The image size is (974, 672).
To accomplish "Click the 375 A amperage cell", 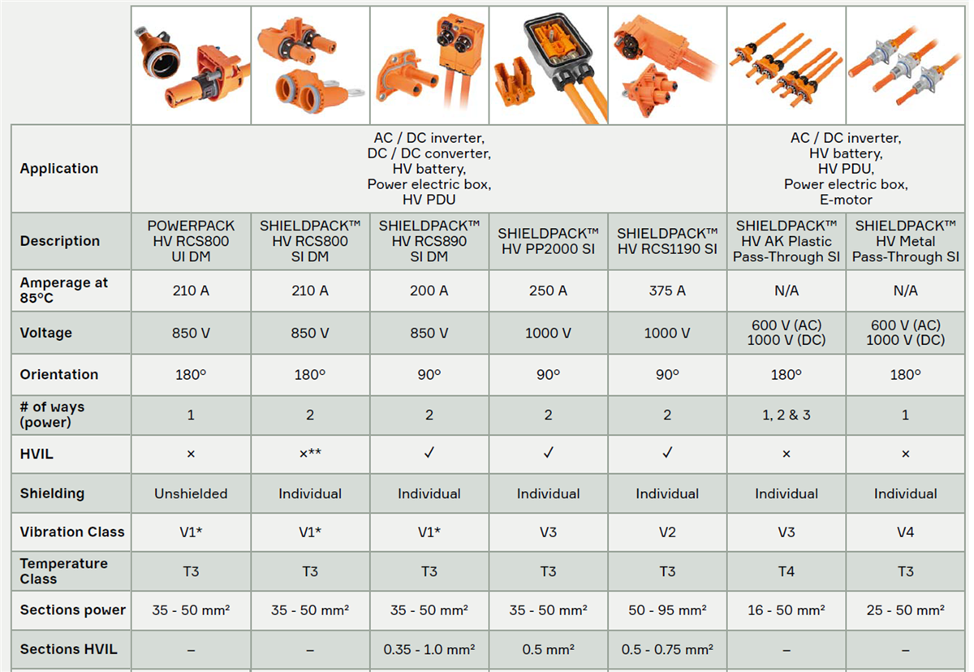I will click(667, 291).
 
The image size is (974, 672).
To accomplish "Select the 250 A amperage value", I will click(548, 291).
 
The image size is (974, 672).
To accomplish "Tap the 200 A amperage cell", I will click(429, 291).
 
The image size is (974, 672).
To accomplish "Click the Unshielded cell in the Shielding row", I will click(191, 493).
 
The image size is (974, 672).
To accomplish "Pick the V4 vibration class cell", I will click(906, 532).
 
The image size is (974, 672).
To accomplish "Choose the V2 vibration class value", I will click(667, 532).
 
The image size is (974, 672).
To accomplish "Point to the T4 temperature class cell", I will click(787, 571).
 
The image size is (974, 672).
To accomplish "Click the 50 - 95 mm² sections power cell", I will click(667, 610).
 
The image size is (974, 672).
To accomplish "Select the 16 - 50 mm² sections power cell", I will click(787, 610).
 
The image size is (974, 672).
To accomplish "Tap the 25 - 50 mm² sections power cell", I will click(906, 610).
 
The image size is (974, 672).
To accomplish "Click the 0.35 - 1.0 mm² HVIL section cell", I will click(429, 649).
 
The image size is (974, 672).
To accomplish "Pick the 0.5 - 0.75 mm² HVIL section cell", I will click(667, 649).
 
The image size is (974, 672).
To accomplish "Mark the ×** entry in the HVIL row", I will click(310, 454).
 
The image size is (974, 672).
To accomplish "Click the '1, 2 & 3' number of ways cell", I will click(787, 415).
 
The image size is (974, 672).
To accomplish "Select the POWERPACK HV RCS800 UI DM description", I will click(191, 241).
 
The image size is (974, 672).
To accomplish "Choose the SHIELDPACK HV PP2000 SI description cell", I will click(548, 241).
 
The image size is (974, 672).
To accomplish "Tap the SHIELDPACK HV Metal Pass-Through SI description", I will click(906, 241).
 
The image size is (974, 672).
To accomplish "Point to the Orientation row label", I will click(59, 374).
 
